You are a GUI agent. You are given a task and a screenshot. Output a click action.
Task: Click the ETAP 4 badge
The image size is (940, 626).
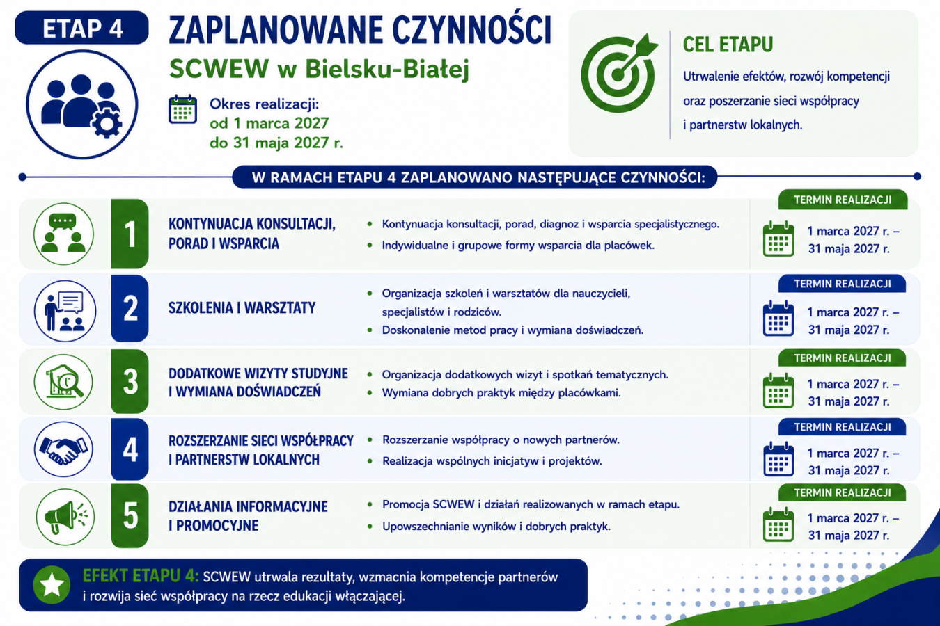pos(82,28)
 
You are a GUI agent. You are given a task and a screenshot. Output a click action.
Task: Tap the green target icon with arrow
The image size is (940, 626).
pos(618,73)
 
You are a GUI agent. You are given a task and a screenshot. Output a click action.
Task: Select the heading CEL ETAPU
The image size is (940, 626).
pos(728,45)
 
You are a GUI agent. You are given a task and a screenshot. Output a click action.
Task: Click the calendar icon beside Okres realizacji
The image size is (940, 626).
pos(182,109)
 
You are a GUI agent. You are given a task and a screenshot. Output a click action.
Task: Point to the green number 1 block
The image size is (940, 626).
pos(130,234)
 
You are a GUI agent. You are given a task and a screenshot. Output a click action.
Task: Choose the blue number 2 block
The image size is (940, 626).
pos(130,308)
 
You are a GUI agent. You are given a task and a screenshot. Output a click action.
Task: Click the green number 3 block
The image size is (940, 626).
pos(130,381)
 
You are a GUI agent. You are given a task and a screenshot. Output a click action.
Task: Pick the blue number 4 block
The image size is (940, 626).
pos(130,449)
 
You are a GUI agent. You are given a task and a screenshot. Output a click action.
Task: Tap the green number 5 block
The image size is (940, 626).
pos(130,515)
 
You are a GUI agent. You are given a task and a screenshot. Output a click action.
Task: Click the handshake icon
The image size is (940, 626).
pos(63,449)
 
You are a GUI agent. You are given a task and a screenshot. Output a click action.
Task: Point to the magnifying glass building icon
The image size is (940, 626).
pos(63,382)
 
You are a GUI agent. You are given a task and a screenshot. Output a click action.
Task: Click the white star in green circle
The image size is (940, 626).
pos(52,584)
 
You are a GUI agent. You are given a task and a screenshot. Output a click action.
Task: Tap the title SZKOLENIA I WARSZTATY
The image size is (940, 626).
pos(242,308)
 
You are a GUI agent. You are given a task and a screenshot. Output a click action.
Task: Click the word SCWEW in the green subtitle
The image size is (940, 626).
pos(219,69)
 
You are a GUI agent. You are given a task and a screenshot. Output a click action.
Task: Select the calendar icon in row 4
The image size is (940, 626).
pos(778,459)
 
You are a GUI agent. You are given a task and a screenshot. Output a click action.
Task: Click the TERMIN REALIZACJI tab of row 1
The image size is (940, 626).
pos(843,200)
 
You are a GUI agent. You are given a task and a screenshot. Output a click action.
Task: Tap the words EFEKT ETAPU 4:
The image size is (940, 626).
pos(141,576)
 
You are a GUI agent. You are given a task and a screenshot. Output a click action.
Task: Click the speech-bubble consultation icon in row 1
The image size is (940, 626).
pos(63,234)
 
